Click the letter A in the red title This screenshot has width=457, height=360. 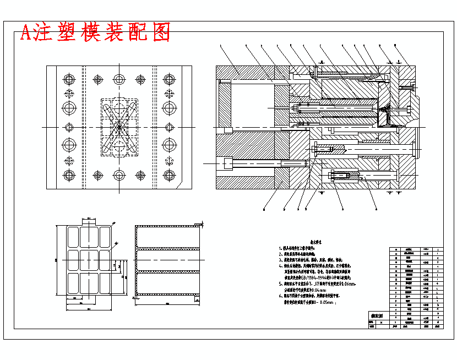[25, 33]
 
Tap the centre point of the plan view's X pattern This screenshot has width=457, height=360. [118, 127]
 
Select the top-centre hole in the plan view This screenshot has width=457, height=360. [119, 79]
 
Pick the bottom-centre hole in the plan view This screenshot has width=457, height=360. [119, 175]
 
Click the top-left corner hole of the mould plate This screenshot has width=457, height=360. [69, 79]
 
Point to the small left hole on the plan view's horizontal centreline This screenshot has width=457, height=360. [69, 127]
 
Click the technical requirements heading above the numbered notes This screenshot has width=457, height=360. [315, 241]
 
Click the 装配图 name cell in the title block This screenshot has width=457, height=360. [377, 316]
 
